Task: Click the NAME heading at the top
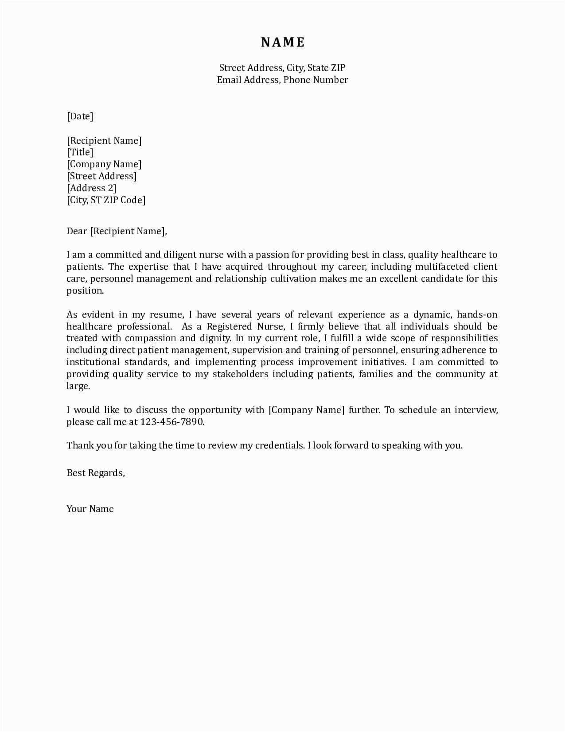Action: pyautogui.click(x=283, y=42)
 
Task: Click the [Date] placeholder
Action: pyautogui.click(x=80, y=116)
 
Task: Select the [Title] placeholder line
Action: pyautogui.click(x=80, y=152)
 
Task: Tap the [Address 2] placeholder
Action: pyautogui.click(x=92, y=188)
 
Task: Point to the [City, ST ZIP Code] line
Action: pyautogui.click(x=106, y=200)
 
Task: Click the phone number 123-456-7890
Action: pyautogui.click(x=172, y=422)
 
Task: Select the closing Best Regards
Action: pyautogui.click(x=96, y=473)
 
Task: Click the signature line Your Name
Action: pyautogui.click(x=90, y=509)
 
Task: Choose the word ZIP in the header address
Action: pyautogui.click(x=338, y=68)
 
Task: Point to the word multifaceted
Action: pyautogui.click(x=442, y=267)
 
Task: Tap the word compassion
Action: pyautogui.click(x=151, y=338)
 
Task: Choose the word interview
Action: pyautogui.click(x=476, y=410)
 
